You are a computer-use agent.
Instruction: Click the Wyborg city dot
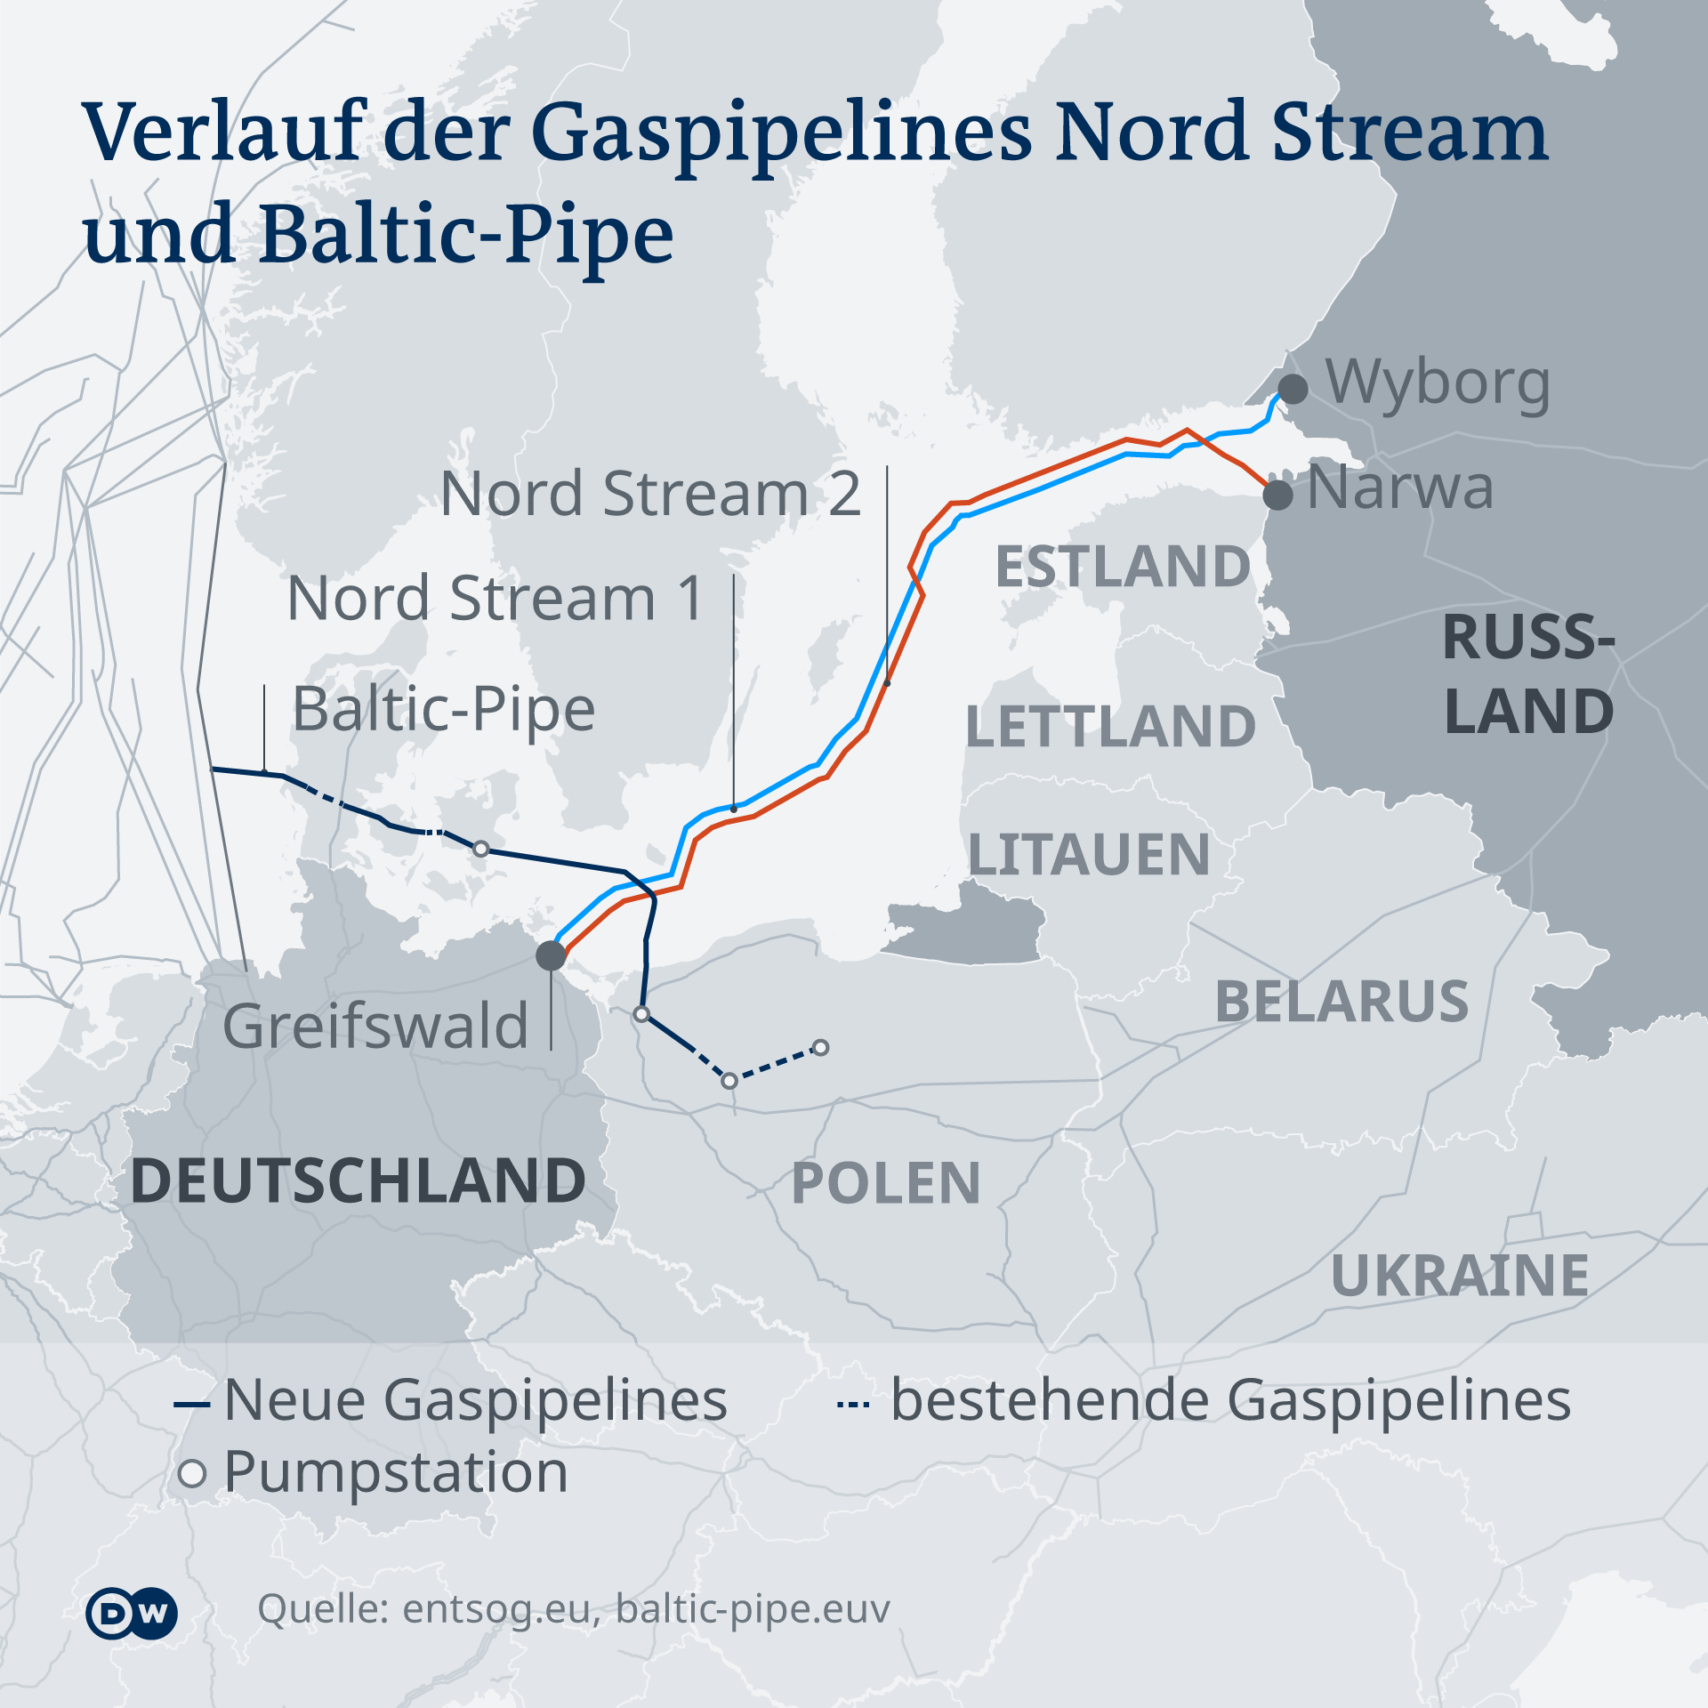click(1293, 389)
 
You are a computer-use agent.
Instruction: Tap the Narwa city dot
click(1278, 494)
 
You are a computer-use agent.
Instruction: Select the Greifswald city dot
click(551, 955)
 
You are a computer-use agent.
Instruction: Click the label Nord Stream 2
click(650, 494)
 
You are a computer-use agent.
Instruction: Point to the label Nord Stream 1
click(495, 598)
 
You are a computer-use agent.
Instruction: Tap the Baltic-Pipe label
click(444, 710)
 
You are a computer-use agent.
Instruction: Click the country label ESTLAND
click(1123, 567)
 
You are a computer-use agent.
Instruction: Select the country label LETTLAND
click(1110, 726)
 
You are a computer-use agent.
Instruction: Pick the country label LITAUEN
click(1089, 855)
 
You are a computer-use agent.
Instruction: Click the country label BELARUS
click(1341, 1002)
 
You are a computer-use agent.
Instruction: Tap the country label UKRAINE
click(1460, 1276)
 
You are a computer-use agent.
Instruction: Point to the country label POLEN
click(886, 1184)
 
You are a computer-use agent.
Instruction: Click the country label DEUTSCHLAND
click(358, 1181)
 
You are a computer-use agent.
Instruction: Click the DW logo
click(132, 1612)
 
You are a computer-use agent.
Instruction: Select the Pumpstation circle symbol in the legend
click(192, 1473)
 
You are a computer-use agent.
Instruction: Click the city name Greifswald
click(375, 1026)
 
